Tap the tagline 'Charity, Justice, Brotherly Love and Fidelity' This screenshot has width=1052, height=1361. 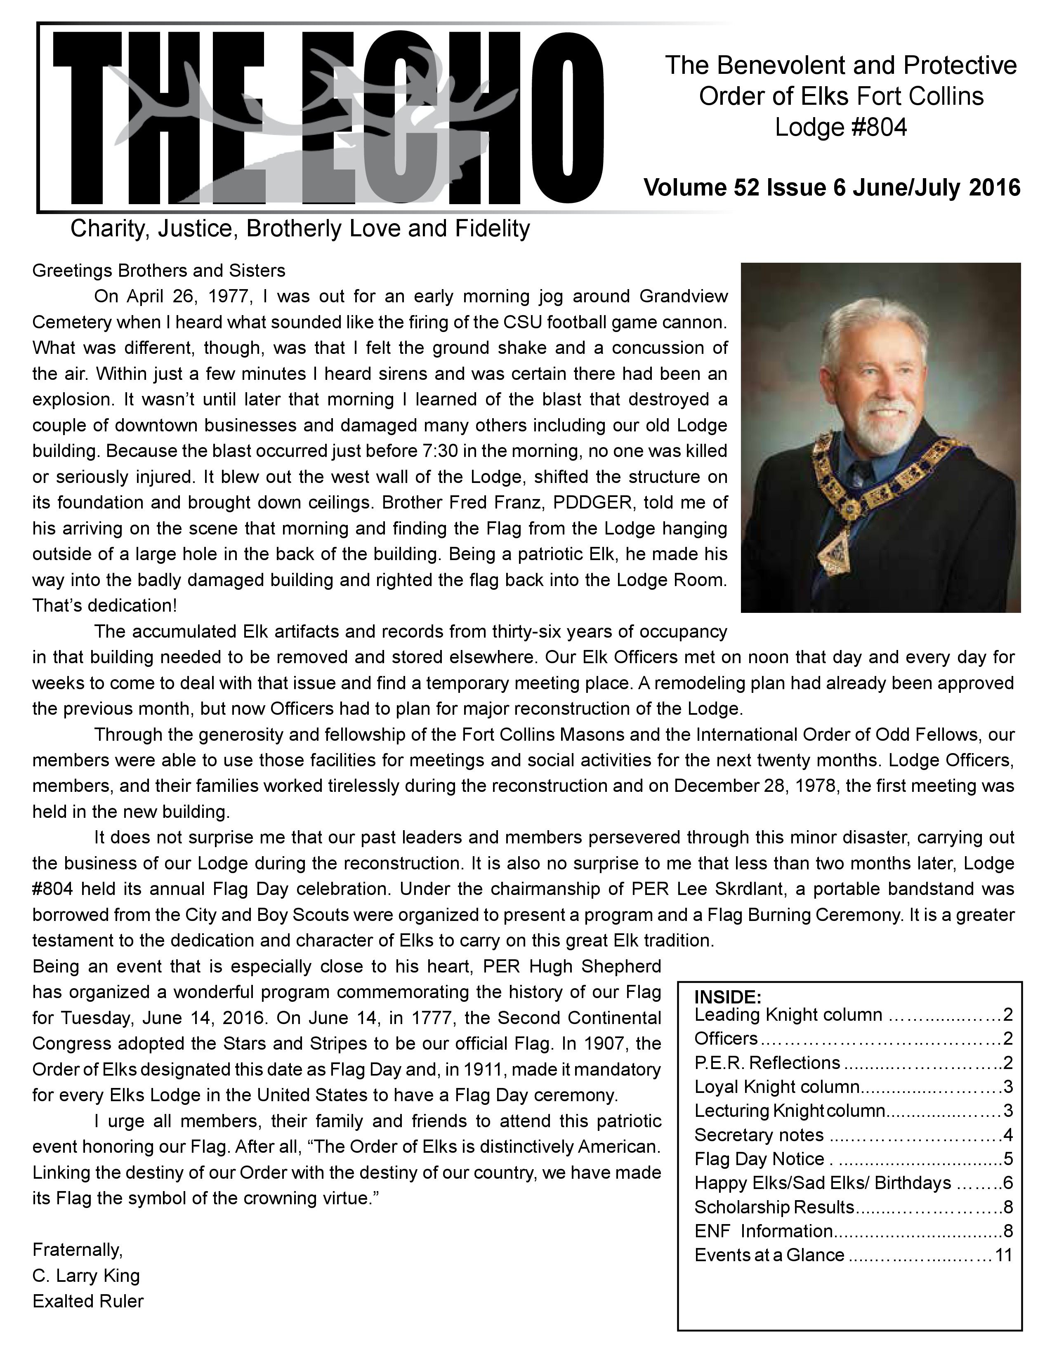(x=300, y=229)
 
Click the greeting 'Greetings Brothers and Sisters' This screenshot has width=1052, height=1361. (x=159, y=271)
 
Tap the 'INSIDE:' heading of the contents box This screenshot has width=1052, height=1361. (x=728, y=996)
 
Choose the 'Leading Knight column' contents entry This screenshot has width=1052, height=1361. (x=788, y=1015)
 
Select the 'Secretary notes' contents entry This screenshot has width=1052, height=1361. (x=759, y=1135)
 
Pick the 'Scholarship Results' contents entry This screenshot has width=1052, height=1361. (x=774, y=1207)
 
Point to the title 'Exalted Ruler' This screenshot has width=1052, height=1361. (x=88, y=1301)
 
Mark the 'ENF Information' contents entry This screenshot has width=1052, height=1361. (x=764, y=1231)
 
